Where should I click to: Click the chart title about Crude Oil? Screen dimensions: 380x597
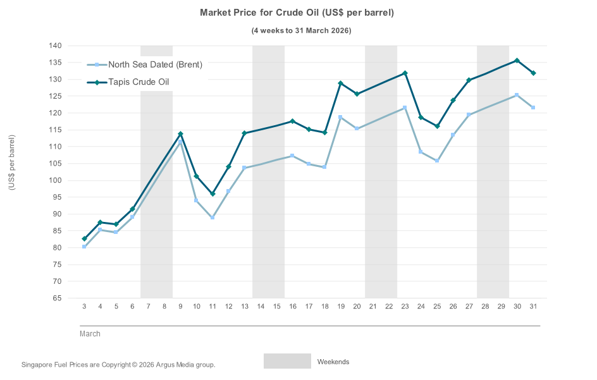coord(297,13)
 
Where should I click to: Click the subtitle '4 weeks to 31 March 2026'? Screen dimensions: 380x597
coord(297,30)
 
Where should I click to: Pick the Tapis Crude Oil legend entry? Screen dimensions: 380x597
coord(138,82)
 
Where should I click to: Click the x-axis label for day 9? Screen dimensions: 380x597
coord(180,307)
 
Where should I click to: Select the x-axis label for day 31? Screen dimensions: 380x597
coord(533,307)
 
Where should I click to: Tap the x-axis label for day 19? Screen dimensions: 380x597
coord(341,307)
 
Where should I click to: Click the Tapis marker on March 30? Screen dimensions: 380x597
coord(517,61)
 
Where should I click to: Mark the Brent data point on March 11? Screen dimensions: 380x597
coord(212,218)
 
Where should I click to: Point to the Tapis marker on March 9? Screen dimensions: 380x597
coord(180,134)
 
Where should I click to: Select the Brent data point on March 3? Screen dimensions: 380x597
coord(84,247)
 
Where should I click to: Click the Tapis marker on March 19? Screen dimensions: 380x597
coord(341,83)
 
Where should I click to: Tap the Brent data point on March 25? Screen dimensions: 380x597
coord(437,161)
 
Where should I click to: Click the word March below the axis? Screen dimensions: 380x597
coord(90,334)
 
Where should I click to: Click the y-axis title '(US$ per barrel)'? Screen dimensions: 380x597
coord(11,162)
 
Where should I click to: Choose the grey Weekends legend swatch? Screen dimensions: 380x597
coord(287,361)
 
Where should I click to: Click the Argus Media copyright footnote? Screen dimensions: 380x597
coord(118,365)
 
